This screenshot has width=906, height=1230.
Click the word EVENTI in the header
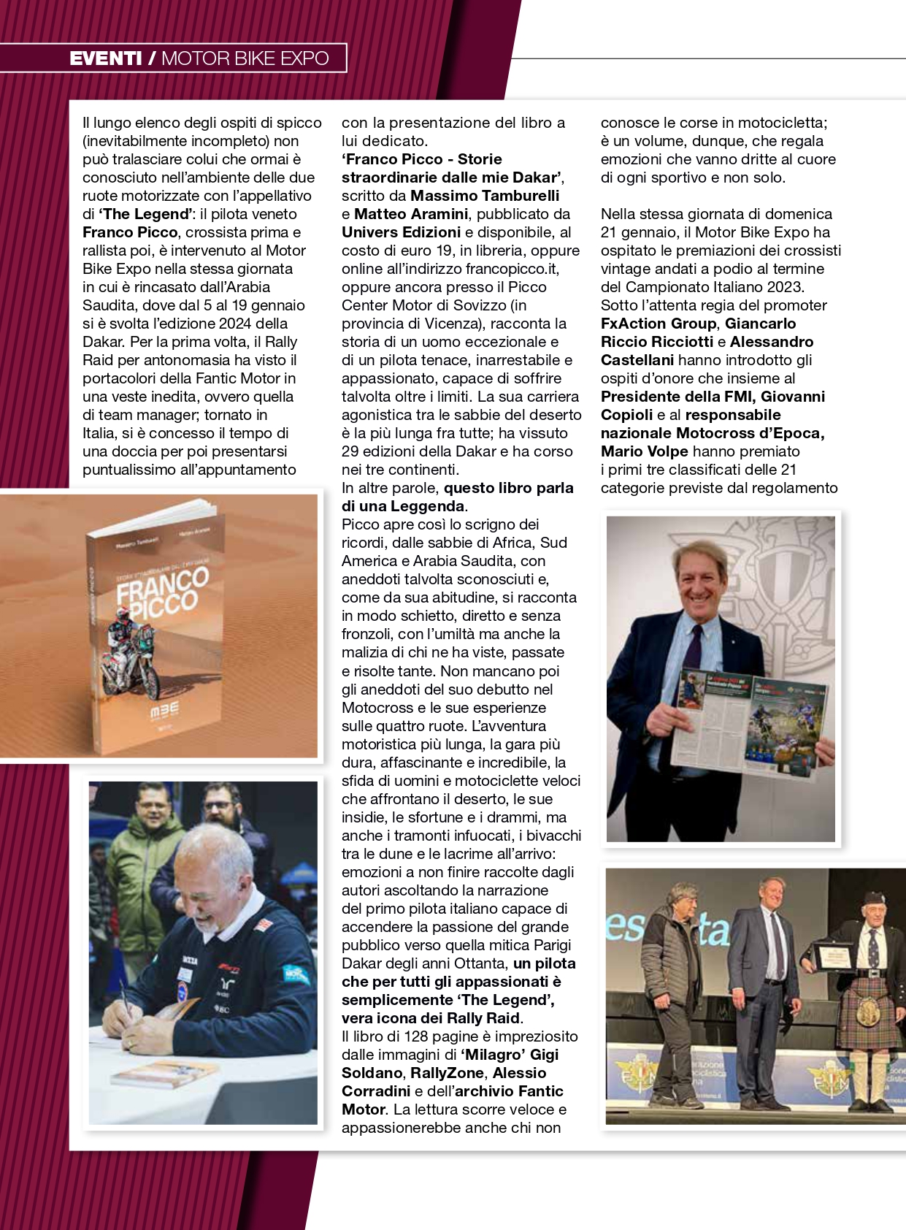pos(106,58)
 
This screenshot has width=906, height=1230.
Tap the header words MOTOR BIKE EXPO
pos(245,58)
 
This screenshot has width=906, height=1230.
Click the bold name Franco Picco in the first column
pos(130,232)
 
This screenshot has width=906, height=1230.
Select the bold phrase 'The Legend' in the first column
pos(145,214)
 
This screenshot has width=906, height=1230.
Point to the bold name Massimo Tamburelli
pos(485,196)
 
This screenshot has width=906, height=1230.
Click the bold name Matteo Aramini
pos(411,214)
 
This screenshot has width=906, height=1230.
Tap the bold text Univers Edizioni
pos(401,232)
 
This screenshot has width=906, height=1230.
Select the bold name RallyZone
pos(447,1073)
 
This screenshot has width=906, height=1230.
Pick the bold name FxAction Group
pos(659,324)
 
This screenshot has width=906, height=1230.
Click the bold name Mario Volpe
pos(644,451)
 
